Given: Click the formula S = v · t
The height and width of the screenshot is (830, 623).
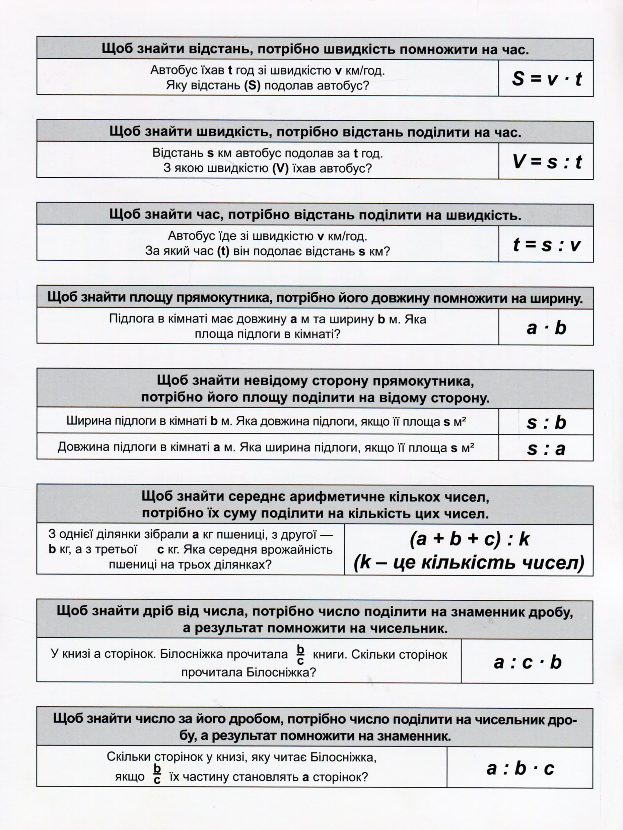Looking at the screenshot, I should click(x=546, y=79).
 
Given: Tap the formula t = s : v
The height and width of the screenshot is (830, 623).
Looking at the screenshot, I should click(x=546, y=245).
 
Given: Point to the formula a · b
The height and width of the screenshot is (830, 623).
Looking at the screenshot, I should click(x=546, y=328).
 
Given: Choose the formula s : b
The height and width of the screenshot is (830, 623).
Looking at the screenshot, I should click(x=546, y=422).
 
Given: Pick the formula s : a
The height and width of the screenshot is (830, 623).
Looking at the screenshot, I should click(x=546, y=449).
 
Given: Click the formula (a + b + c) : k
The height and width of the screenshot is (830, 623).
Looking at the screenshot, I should click(x=469, y=539).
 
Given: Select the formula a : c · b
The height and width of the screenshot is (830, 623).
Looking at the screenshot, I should click(x=528, y=662).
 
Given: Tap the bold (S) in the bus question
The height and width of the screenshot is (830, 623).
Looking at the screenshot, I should click(x=252, y=85).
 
